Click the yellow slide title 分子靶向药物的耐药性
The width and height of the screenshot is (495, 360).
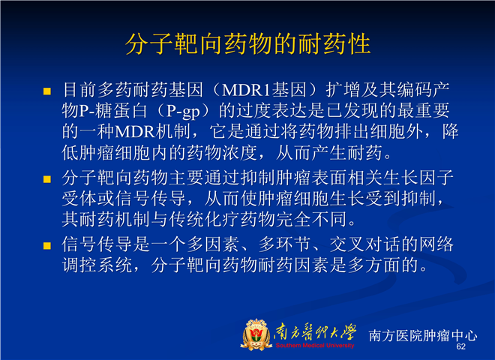(247, 44)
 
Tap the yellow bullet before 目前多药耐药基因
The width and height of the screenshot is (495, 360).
(47, 91)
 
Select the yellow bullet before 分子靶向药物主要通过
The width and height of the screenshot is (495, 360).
(47, 179)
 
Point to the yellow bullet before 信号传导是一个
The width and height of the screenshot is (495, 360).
(47, 246)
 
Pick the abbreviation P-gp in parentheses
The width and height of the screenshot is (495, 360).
(183, 111)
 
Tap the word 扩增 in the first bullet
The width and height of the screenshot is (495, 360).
(343, 90)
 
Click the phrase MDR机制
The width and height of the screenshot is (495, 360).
(152, 132)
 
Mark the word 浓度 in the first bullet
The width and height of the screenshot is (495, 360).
(239, 153)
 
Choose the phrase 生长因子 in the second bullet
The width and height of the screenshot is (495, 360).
(418, 178)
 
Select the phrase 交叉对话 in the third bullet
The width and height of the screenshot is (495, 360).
(364, 244)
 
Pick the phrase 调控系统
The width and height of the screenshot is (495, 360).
(97, 265)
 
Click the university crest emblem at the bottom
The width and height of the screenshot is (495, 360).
(256, 334)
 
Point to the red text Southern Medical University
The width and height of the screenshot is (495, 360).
(315, 346)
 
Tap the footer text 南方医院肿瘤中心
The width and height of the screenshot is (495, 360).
(423, 335)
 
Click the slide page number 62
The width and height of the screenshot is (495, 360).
(461, 346)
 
